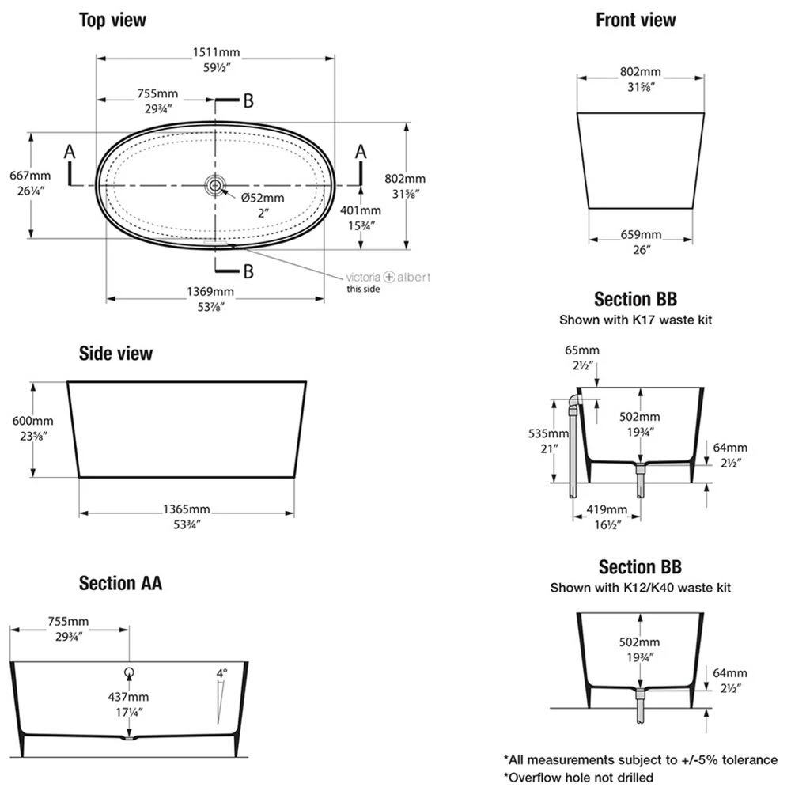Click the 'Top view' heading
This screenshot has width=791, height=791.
pos(112,21)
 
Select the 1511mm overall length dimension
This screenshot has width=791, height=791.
pos(216,53)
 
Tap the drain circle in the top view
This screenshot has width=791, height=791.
pos(215,185)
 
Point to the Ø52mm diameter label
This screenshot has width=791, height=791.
pos(263,198)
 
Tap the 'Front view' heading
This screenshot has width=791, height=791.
pos(636,21)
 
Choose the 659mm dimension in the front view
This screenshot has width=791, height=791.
pos(641,235)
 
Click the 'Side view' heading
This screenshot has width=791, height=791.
pos(115,354)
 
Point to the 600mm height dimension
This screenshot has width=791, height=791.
pos(33,421)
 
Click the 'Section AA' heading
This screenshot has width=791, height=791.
pos(120,584)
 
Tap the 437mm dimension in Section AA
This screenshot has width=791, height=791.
pos(128,697)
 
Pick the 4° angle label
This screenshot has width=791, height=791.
pos(222,673)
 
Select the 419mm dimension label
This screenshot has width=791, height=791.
pos(607,509)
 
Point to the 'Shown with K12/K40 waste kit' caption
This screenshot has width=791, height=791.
pos(640,588)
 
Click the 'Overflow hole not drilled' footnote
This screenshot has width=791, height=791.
pos(581,777)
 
